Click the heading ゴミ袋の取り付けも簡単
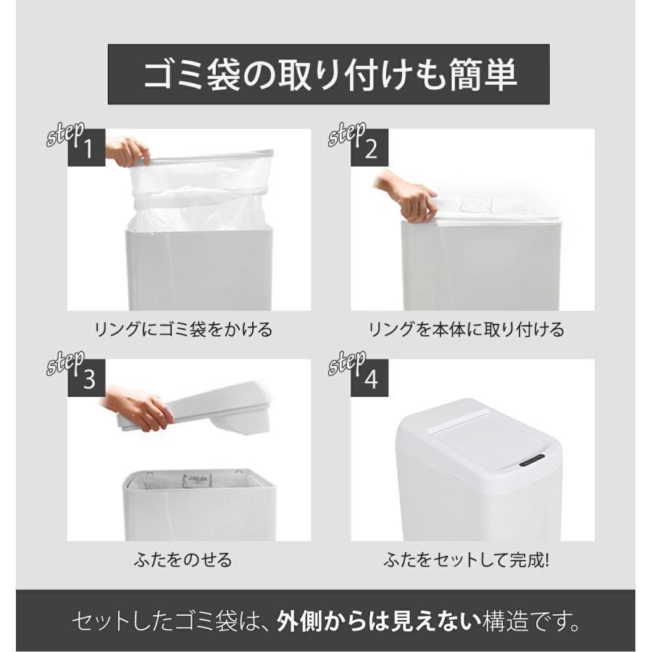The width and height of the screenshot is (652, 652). coord(330,75)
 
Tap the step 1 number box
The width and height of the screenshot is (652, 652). coord(86,148)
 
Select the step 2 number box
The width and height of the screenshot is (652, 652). coord(369,148)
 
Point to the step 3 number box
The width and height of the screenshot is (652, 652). coord(86,378)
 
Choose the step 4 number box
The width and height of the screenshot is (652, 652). coord(369,378)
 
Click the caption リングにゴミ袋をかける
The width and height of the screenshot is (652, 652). coord(183,330)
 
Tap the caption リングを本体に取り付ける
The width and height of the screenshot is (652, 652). coord(467,330)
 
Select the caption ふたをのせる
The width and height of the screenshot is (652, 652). coord(183,560)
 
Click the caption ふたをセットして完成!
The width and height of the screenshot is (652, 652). coord(467,560)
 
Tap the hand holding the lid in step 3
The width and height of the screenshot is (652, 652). coord(139,407)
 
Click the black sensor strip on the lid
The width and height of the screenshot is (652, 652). coord(533,459)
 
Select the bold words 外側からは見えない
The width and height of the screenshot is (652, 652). coord(379,622)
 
